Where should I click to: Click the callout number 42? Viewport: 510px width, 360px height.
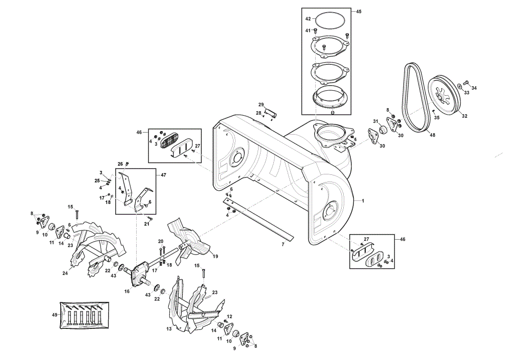tap(308, 19)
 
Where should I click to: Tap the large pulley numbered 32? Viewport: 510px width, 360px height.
tap(444, 95)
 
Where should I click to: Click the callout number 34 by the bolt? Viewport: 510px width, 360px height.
tap(474, 88)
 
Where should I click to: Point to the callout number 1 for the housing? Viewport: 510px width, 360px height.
tap(363, 200)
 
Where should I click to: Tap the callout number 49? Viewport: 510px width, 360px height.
tap(55, 315)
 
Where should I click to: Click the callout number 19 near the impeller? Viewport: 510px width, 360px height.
tap(215, 256)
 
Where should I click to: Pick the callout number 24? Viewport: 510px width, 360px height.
tap(65, 273)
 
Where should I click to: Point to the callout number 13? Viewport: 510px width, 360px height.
tap(169, 329)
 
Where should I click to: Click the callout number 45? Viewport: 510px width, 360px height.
tap(359, 12)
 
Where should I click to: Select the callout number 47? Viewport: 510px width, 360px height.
tap(163, 175)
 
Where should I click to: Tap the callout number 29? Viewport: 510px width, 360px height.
tap(261, 105)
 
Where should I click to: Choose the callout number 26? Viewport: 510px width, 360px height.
tap(120, 164)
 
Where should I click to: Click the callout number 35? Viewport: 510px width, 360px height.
tap(437, 117)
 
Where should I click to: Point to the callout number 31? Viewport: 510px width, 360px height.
tap(376, 121)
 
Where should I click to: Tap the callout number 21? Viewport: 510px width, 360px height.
tap(147, 224)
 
